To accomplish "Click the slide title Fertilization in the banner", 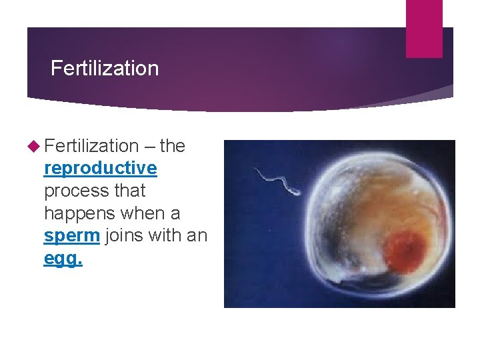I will click(105, 69).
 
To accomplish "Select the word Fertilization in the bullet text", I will click(91, 146).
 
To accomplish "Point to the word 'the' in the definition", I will click(173, 146).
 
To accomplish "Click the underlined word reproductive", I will click(100, 169).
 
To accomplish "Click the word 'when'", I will click(147, 213).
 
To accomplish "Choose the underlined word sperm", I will click(71, 236).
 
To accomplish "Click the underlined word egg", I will click(63, 259).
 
